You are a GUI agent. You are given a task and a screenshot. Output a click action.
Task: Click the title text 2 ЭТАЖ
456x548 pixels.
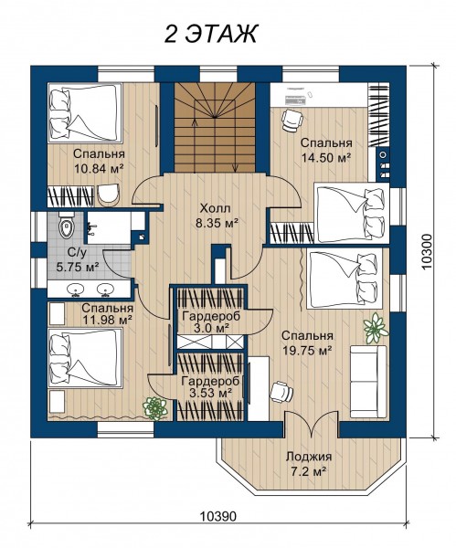pyautogui.click(x=210, y=35)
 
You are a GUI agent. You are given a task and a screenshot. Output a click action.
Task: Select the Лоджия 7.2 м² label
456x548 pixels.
pyautogui.click(x=309, y=464)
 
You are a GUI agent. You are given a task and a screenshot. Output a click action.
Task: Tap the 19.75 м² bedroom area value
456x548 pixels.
pyautogui.click(x=307, y=350)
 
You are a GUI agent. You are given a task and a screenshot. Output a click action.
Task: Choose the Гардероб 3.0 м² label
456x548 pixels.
pyautogui.click(x=211, y=321)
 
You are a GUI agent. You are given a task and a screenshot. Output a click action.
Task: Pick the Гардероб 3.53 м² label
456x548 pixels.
pyautogui.click(x=210, y=387)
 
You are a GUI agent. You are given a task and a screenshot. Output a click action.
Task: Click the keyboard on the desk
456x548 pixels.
pyautogui.click(x=295, y=101)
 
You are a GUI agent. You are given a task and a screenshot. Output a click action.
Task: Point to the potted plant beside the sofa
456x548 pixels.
pyautogui.click(x=376, y=328)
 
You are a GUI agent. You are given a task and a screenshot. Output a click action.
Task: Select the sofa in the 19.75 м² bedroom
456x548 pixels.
pyautogui.click(x=368, y=381)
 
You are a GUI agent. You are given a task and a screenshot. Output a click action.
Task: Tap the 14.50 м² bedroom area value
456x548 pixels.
pyautogui.click(x=326, y=157)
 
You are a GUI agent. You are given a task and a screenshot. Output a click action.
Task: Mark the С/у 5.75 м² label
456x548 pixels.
pyautogui.click(x=78, y=260)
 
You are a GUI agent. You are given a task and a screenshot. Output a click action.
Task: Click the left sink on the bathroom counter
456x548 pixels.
pyautogui.click(x=75, y=290)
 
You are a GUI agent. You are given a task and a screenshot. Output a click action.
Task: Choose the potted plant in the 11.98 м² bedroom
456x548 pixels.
pyautogui.click(x=155, y=407)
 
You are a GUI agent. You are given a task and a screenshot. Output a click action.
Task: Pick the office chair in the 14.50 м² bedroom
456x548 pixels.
pyautogui.click(x=292, y=120)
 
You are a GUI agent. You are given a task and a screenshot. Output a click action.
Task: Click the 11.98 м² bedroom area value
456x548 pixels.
pyautogui.click(x=107, y=319)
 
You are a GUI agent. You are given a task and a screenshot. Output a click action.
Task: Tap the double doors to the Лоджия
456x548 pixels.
pyautogui.click(x=312, y=424)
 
